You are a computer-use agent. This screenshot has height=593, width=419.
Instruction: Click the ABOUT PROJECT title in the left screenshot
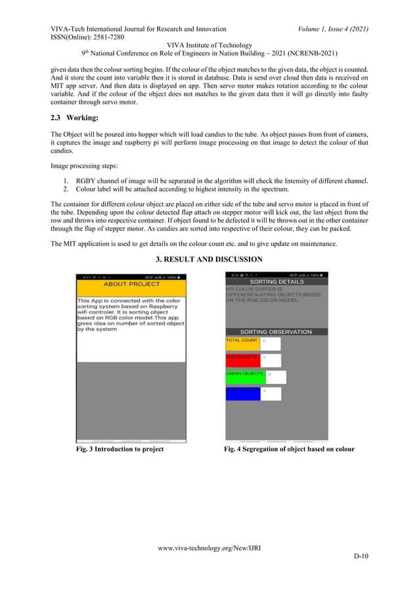click(x=131, y=284)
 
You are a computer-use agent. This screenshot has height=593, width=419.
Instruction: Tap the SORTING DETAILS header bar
click(x=276, y=281)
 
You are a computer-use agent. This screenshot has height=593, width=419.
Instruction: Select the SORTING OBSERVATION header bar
click(x=276, y=332)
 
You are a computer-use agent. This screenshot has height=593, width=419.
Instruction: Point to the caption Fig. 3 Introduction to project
click(x=120, y=450)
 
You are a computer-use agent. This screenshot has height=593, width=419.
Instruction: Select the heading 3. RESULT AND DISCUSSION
click(x=209, y=260)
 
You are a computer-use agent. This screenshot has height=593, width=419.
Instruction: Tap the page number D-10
click(x=361, y=557)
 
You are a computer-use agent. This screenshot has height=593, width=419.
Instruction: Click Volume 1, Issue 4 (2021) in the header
click(x=332, y=29)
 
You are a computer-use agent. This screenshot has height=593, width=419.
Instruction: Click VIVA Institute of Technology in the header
click(x=209, y=45)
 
